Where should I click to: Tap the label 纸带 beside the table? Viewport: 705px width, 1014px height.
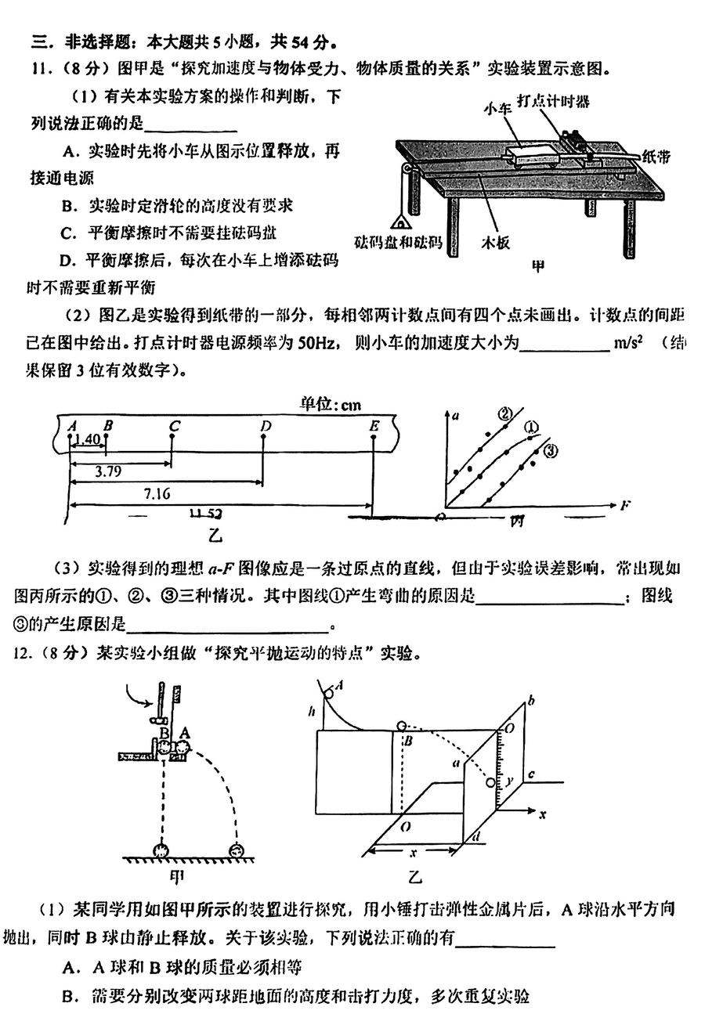tap(656, 157)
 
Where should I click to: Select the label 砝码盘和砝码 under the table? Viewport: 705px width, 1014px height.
tap(396, 242)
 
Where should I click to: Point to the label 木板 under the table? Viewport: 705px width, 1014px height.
tap(495, 243)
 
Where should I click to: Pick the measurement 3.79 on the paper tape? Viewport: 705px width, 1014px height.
tap(107, 472)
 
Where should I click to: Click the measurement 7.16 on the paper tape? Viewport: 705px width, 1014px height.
tap(157, 493)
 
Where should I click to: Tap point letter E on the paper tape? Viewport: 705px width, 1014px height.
tap(374, 425)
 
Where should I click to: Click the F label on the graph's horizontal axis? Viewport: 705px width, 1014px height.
tap(624, 506)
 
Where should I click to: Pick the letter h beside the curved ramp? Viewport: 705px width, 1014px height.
tap(313, 711)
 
